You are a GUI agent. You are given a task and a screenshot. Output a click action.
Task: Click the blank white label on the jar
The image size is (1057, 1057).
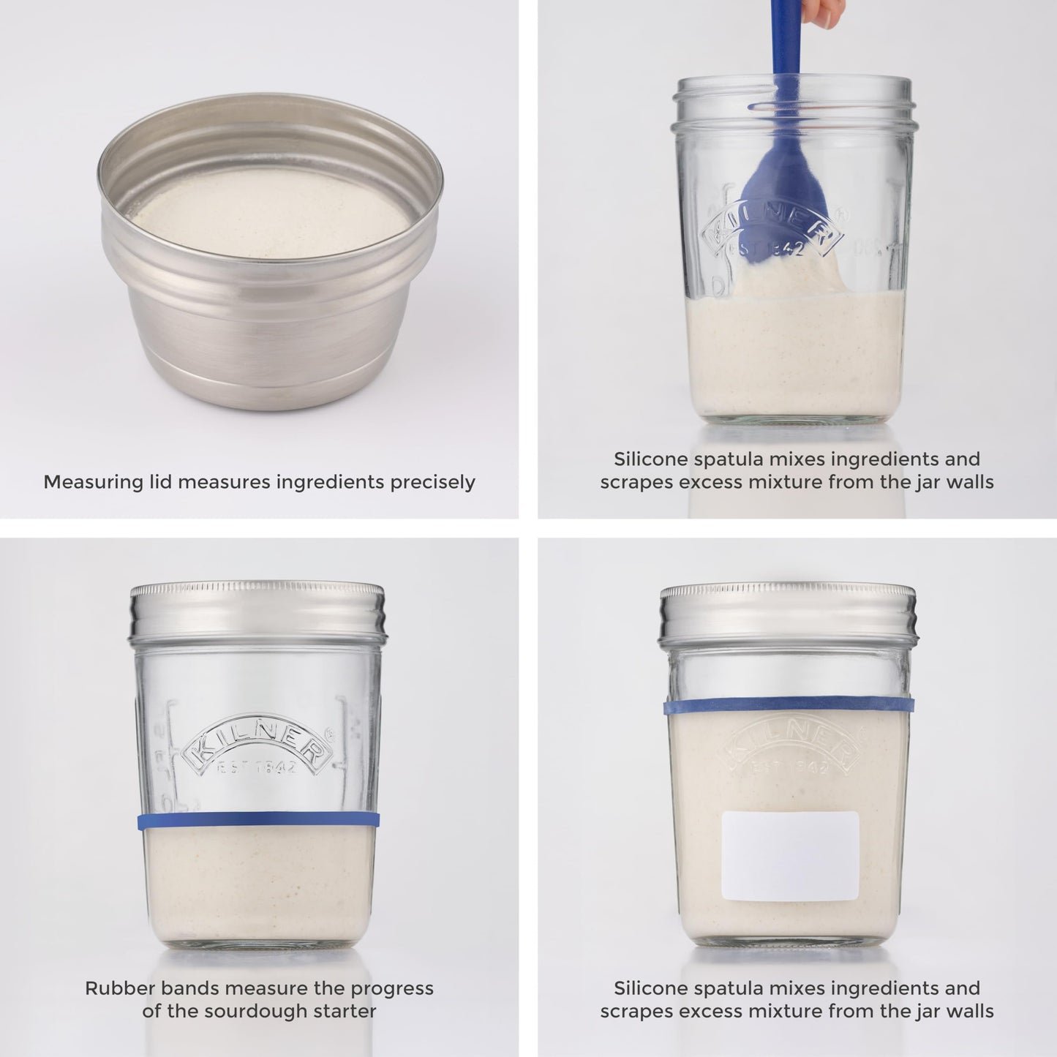790,855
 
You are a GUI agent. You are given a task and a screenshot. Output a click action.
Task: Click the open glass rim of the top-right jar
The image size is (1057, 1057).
794,86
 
